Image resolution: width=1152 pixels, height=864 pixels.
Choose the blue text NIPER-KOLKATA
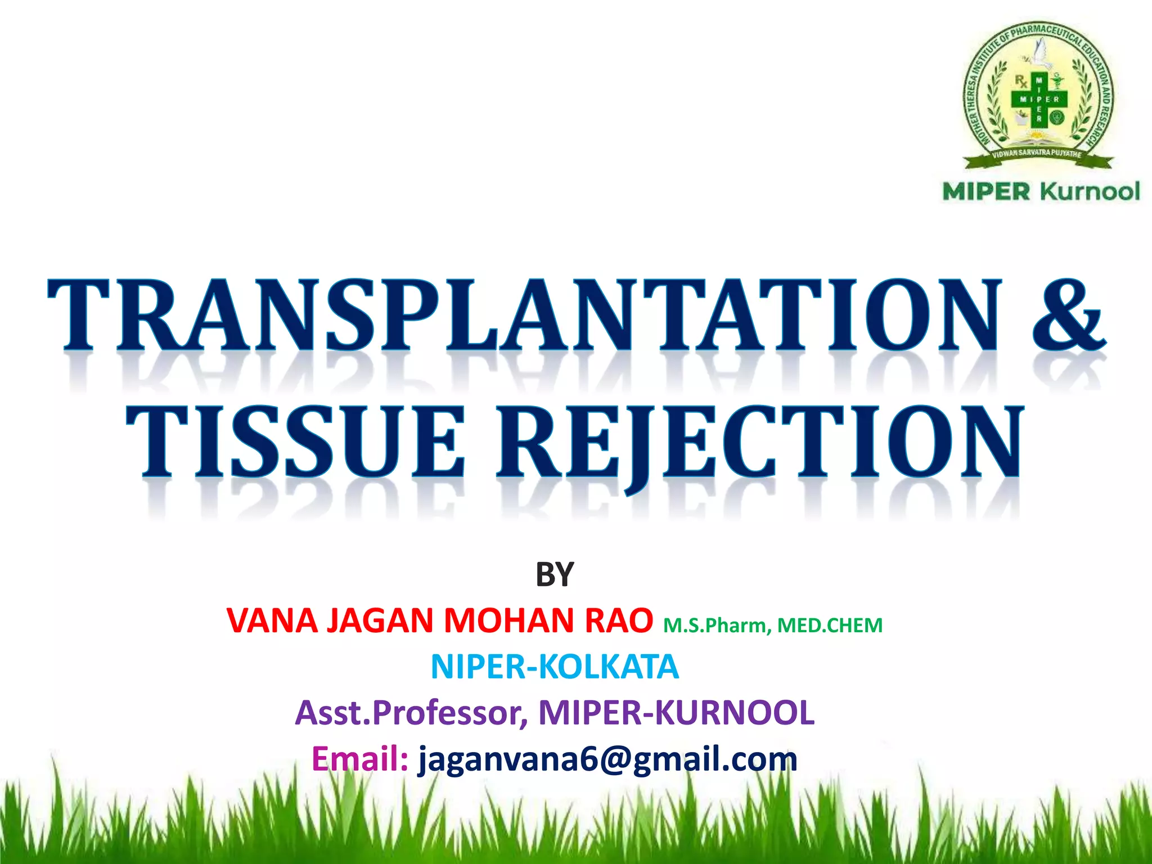tap(555, 667)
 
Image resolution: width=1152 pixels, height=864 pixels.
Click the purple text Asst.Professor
tap(411, 713)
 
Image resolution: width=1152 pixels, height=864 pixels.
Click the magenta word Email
tap(359, 759)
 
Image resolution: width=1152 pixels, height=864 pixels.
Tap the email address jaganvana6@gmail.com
tap(607, 760)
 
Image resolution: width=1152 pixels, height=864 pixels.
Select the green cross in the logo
tap(1038, 99)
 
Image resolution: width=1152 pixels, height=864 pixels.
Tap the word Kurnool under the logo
tap(1090, 191)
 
